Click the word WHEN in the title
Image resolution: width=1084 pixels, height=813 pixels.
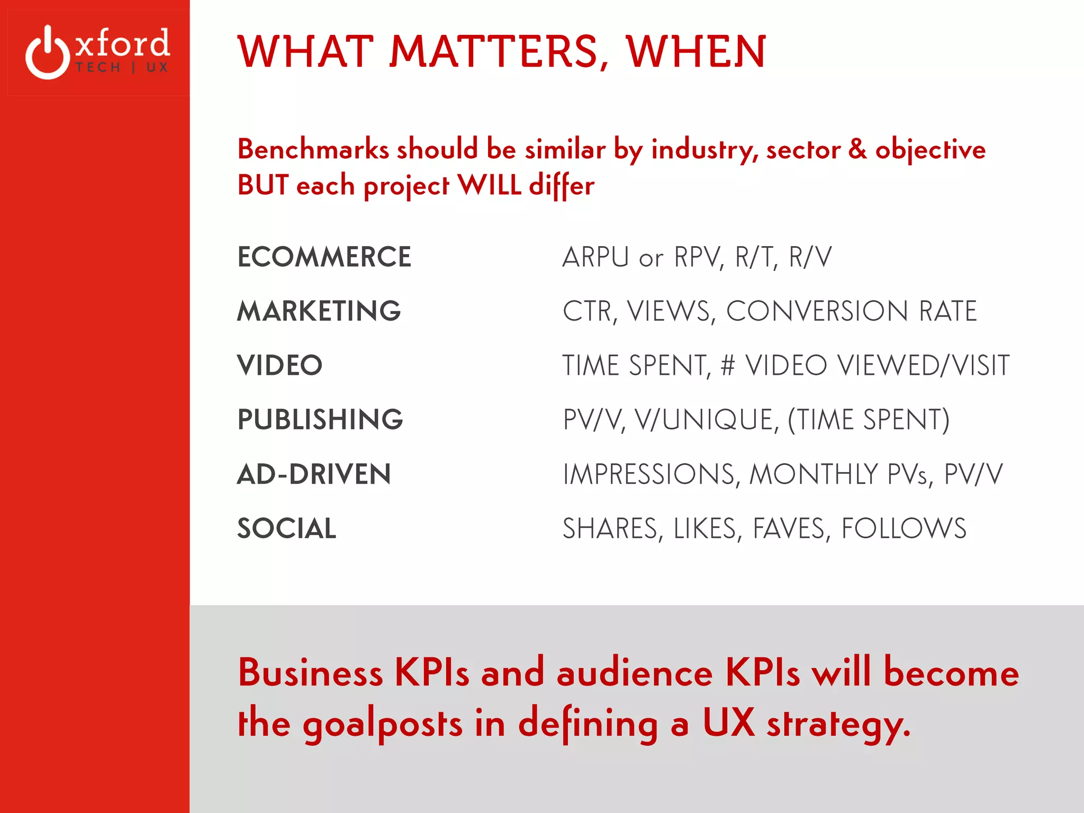coord(696,52)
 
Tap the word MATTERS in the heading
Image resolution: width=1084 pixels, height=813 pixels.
coord(499,52)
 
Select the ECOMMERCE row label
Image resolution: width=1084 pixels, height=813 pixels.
coord(324,257)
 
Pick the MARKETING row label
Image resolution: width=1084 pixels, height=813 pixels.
coord(319,311)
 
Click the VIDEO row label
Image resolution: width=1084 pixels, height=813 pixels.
coord(279,366)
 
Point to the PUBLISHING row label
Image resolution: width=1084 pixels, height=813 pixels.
coord(320,420)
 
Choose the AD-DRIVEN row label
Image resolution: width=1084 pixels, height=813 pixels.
coord(314,474)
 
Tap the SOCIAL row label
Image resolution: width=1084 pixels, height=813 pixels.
coord(286,529)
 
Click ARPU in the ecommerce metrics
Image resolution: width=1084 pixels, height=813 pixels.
coord(595,258)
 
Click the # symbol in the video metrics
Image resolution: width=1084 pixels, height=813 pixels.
coord(728,366)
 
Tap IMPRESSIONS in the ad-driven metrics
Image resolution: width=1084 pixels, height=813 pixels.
coord(648,474)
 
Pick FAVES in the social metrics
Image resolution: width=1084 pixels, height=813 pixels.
coord(789,529)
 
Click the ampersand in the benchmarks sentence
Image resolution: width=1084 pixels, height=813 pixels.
coord(857,149)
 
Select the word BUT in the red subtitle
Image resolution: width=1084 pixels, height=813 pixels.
coord(263,185)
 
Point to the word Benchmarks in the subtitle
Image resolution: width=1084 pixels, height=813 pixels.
coord(313,149)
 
